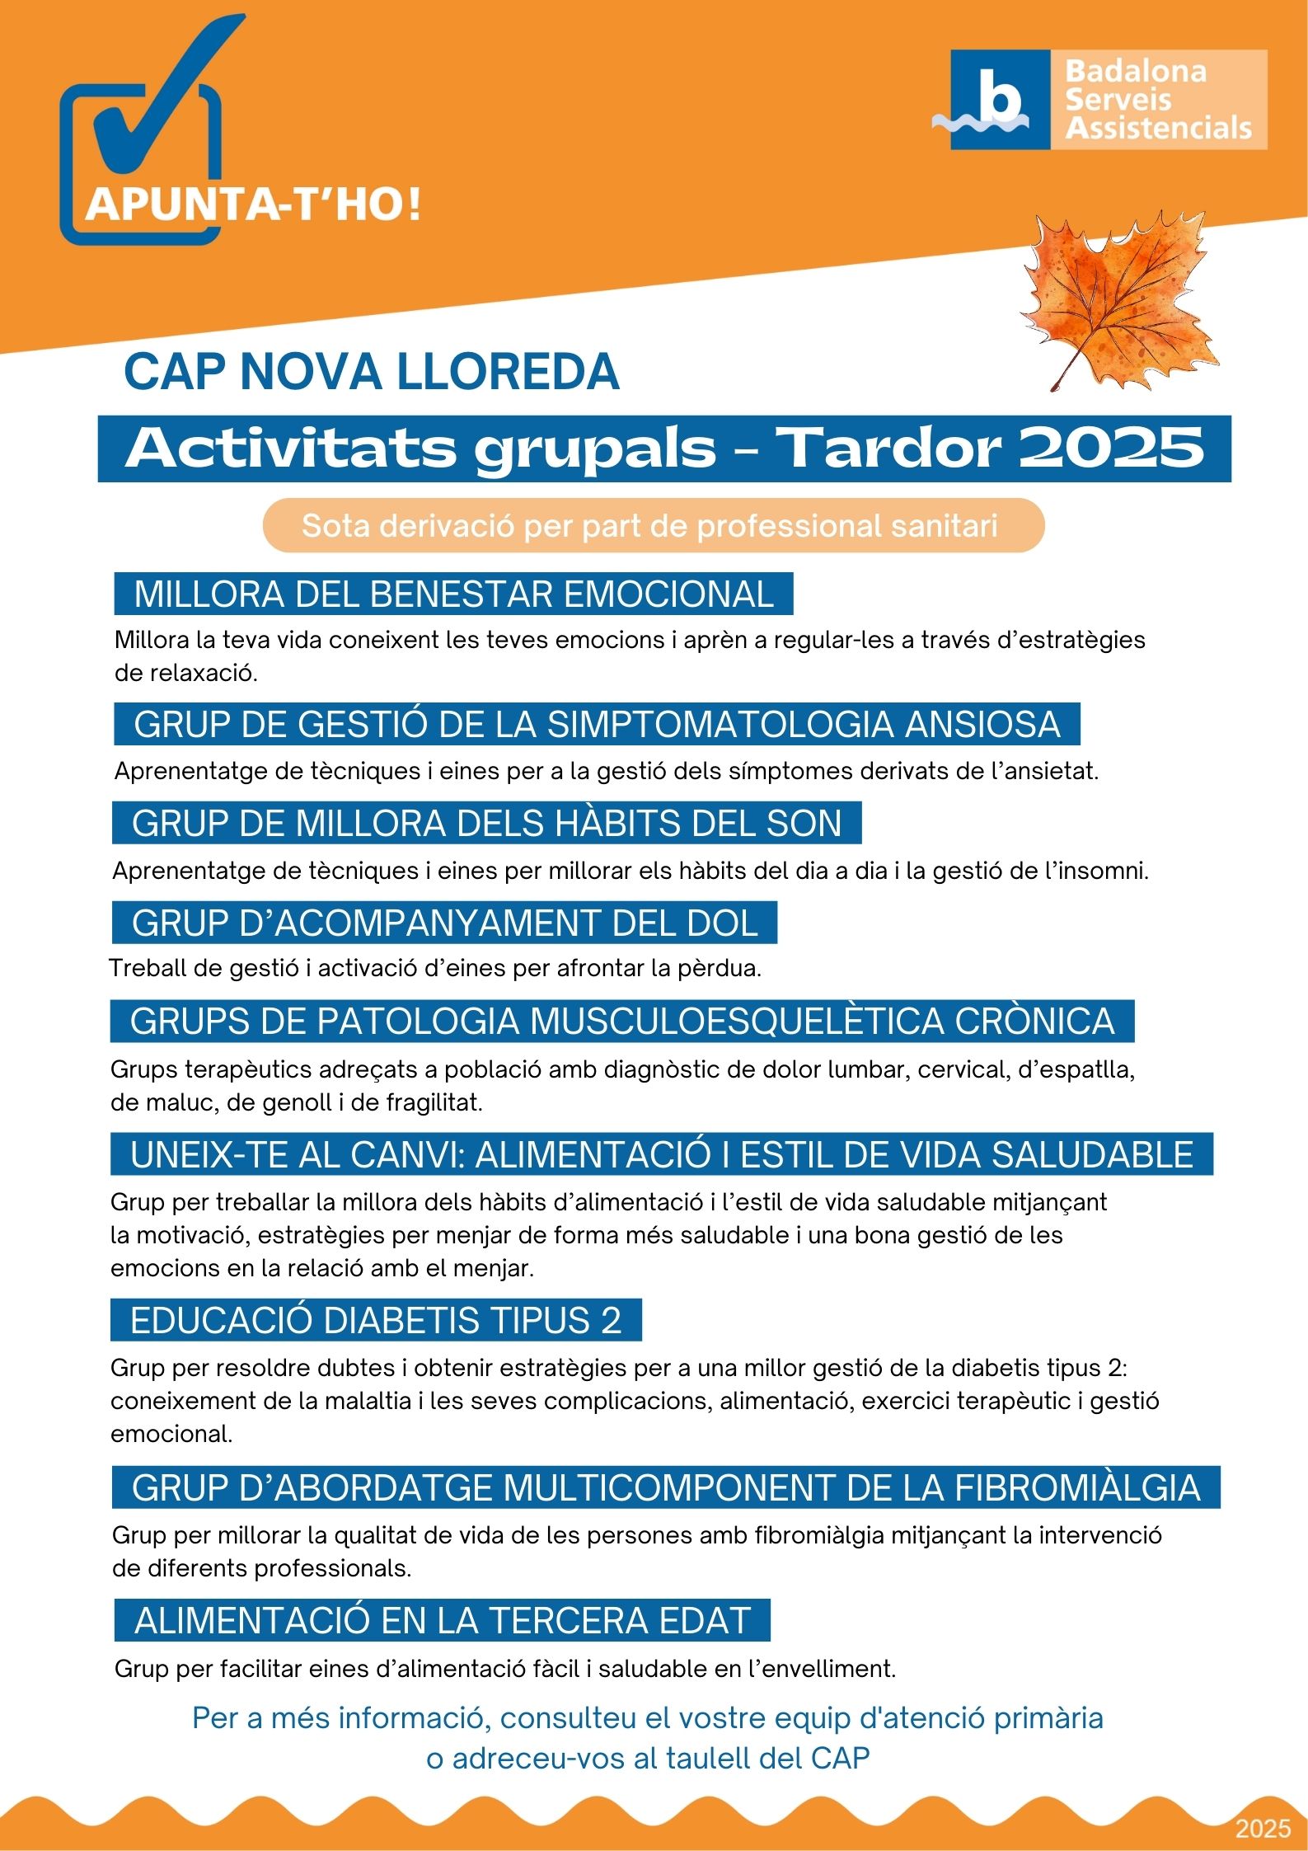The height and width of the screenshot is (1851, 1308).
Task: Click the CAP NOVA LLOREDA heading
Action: pyautogui.click(x=371, y=372)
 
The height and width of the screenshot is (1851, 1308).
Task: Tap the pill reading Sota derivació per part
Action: pyautogui.click(x=653, y=525)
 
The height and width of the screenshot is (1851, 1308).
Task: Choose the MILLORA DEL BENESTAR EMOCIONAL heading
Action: pyautogui.click(x=453, y=594)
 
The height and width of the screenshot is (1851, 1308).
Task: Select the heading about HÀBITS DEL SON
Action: pyautogui.click(x=486, y=824)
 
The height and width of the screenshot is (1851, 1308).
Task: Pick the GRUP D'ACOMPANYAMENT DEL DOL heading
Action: pyautogui.click(x=444, y=923)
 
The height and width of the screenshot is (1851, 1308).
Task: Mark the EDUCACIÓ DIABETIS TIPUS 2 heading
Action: pyautogui.click(x=376, y=1320)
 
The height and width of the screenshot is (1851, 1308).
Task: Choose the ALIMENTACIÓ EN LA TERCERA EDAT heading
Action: pyautogui.click(x=443, y=1620)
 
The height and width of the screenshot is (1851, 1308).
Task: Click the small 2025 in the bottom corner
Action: pyautogui.click(x=1263, y=1829)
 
